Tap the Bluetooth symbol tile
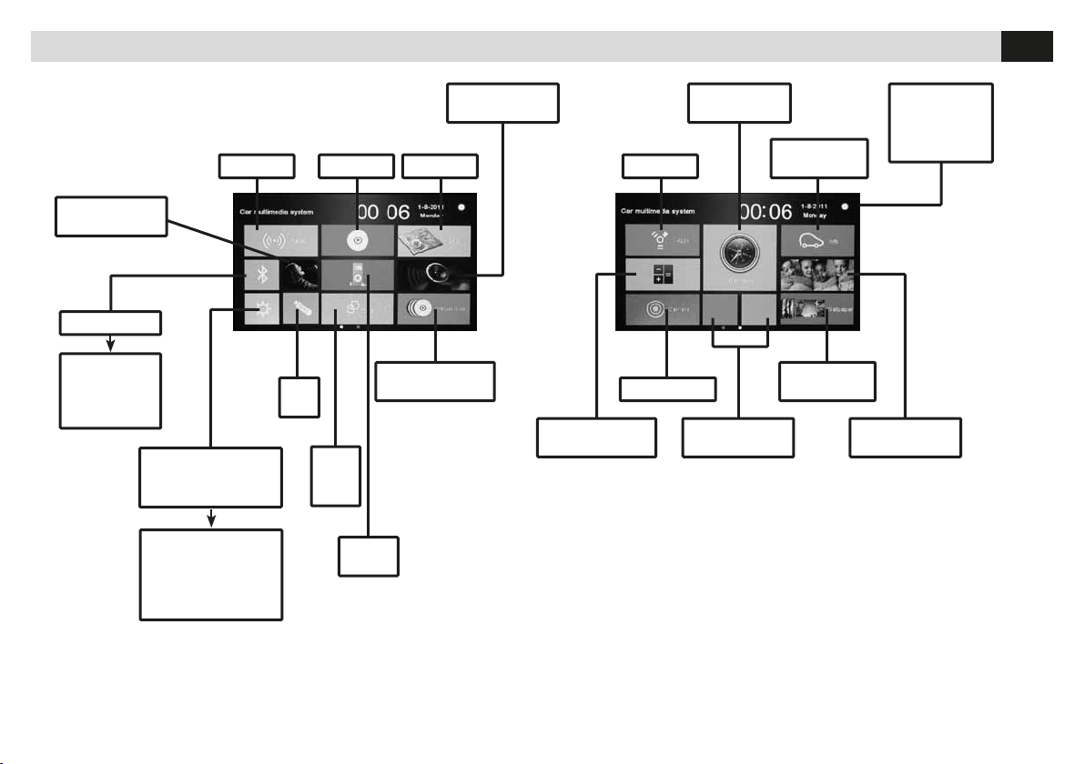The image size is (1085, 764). click(x=260, y=275)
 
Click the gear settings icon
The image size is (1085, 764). click(x=261, y=310)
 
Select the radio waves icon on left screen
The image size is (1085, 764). click(x=268, y=242)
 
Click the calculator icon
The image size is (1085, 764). click(x=663, y=274)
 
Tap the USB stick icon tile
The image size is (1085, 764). click(x=299, y=309)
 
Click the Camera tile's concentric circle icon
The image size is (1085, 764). click(x=654, y=309)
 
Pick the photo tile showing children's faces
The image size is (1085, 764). click(x=817, y=274)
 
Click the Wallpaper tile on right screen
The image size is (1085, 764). click(x=817, y=309)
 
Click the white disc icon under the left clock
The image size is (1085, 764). click(x=357, y=243)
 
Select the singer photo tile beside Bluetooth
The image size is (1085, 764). click(x=299, y=275)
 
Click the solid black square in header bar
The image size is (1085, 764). click(x=1027, y=46)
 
